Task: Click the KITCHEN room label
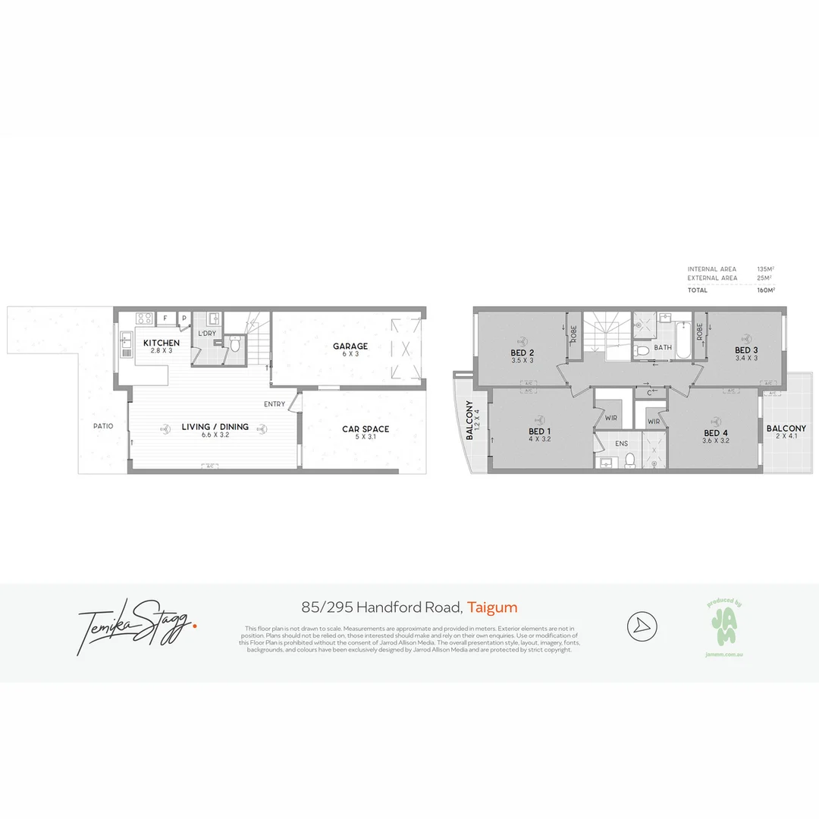pyautogui.click(x=162, y=344)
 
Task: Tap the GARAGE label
pyautogui.click(x=350, y=347)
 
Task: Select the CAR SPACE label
pyautogui.click(x=365, y=429)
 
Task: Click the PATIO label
pyautogui.click(x=103, y=426)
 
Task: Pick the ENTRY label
pyautogui.click(x=275, y=404)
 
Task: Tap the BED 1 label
pyautogui.click(x=539, y=431)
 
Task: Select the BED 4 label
pyautogui.click(x=715, y=431)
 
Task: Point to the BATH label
pyautogui.click(x=663, y=348)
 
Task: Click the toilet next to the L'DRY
pyautogui.click(x=235, y=345)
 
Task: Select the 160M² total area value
pyautogui.click(x=764, y=290)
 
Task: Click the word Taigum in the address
pyautogui.click(x=492, y=607)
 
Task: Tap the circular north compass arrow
pyautogui.click(x=642, y=626)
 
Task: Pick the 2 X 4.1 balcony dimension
pyautogui.click(x=786, y=438)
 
